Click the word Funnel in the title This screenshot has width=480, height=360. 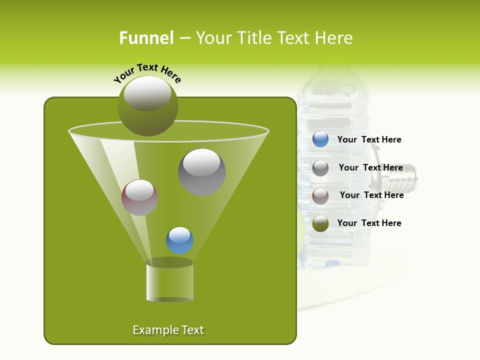(x=146, y=38)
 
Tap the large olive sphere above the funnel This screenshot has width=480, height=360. (x=147, y=106)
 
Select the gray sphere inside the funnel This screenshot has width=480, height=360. (x=201, y=172)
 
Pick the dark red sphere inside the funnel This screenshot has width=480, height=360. (x=139, y=197)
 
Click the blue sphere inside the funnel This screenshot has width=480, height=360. (x=179, y=240)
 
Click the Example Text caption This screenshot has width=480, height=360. (x=168, y=330)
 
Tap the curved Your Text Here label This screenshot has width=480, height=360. (x=147, y=73)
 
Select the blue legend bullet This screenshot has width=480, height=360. (x=320, y=139)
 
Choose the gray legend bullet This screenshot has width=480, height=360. (x=320, y=168)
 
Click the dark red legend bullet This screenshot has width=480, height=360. (x=320, y=195)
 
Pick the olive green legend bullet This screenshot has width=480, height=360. (x=320, y=223)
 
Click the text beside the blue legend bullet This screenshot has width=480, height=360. (x=369, y=140)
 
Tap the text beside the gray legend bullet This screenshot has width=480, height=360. (x=370, y=168)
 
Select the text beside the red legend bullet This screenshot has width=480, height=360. (x=371, y=195)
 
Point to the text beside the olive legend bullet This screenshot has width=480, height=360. (x=369, y=223)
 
